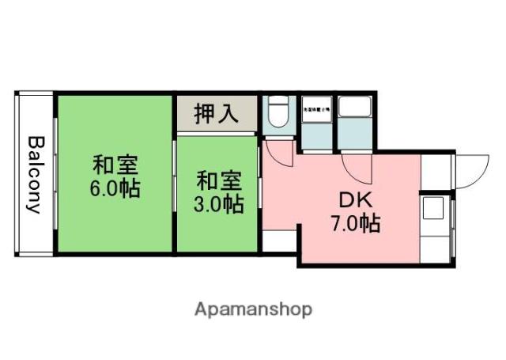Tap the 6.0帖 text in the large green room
pyautogui.click(x=115, y=191)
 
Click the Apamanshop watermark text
pyautogui.click(x=253, y=309)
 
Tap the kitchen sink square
pyautogui.click(x=434, y=210)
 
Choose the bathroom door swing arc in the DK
pyautogui.click(x=355, y=168)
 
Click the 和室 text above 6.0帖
pyautogui.click(x=115, y=165)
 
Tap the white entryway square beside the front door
pyautogui.click(x=435, y=170)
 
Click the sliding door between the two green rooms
pyautogui.click(x=175, y=176)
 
